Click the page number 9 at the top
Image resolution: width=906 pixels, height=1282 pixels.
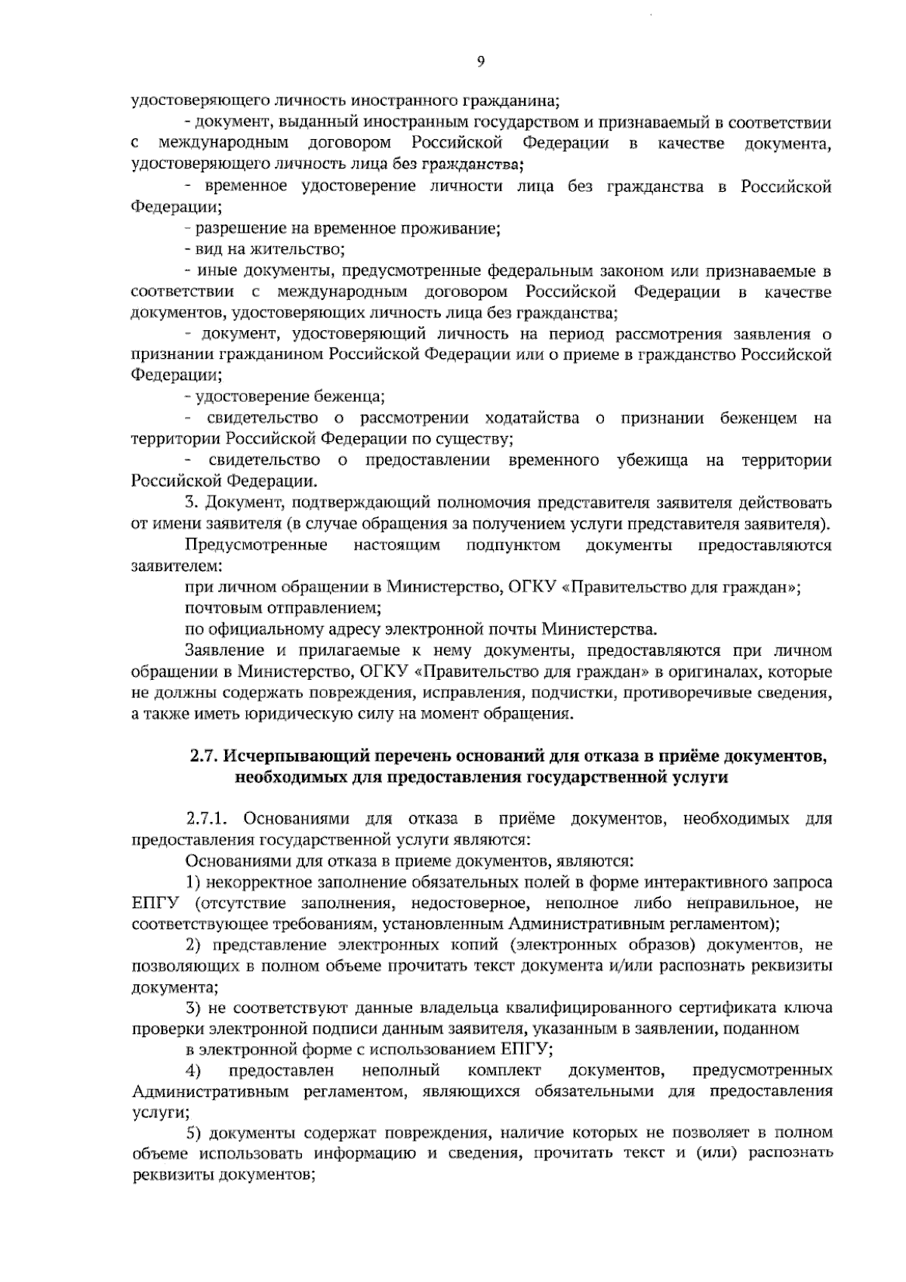[x=480, y=63]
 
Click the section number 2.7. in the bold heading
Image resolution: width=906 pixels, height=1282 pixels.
[x=202, y=756]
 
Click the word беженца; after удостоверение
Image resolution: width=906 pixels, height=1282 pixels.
[x=350, y=397]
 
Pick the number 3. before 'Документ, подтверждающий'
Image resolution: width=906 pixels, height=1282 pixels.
[x=191, y=502]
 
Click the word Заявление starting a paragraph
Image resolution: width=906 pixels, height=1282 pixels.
[x=223, y=650]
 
